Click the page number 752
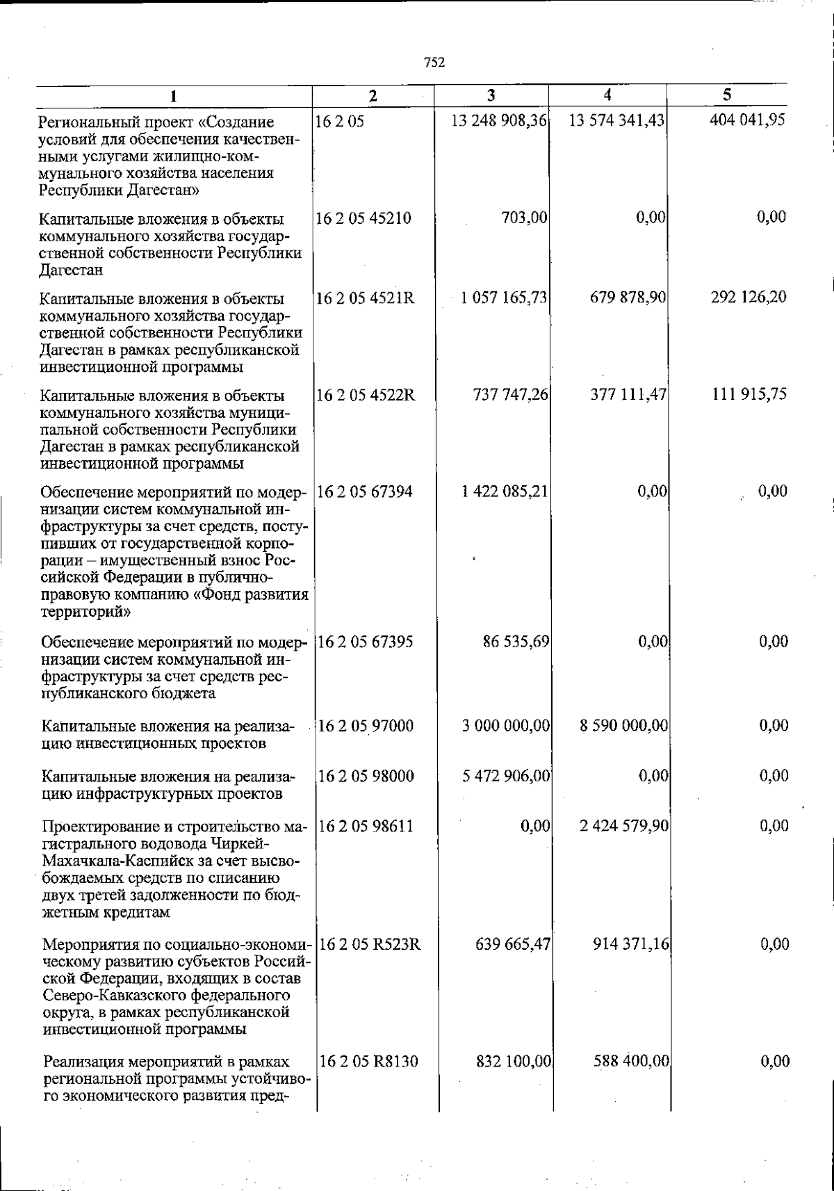coord(434,62)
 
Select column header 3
coord(491,95)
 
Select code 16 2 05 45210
coord(363,218)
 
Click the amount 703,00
coord(524,218)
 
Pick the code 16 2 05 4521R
coord(366,298)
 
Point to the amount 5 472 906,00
coord(507,776)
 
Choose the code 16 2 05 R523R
coord(369,945)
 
